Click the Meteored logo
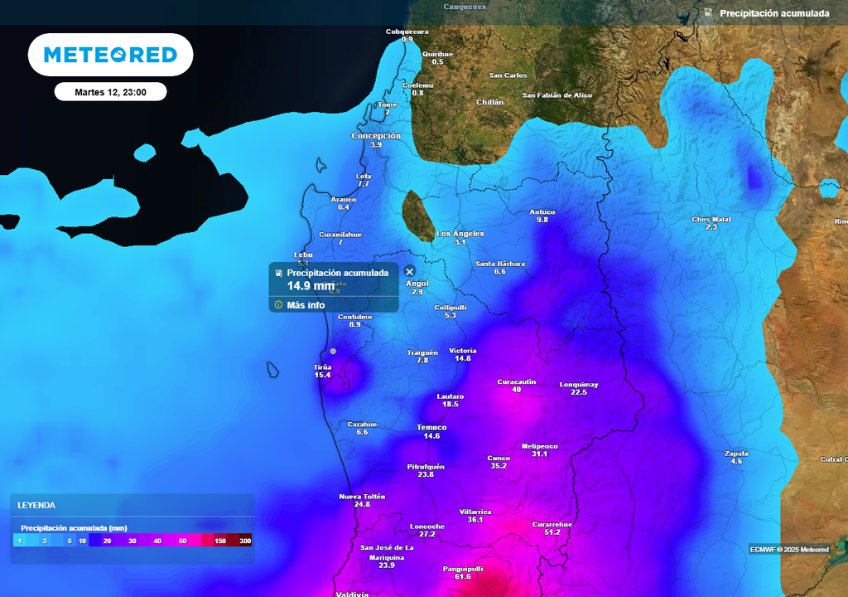pos(110,55)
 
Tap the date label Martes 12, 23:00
pos(110,92)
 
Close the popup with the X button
pos(409,271)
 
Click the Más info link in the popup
pos(306,305)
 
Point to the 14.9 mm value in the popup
pos(311,286)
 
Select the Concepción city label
pos(376,136)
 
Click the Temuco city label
pos(431,427)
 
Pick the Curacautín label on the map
pos(517,381)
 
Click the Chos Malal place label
pos(711,219)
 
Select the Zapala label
pos(736,453)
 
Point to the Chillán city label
pos(490,102)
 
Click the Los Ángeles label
pos(460,234)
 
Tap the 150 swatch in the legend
pos(220,541)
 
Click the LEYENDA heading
pos(36,505)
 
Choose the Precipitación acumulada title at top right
pos(774,13)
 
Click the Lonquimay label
pos(579,385)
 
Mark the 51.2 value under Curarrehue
pos(552,532)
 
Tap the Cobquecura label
pos(407,32)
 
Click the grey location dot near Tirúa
pos(333,351)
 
